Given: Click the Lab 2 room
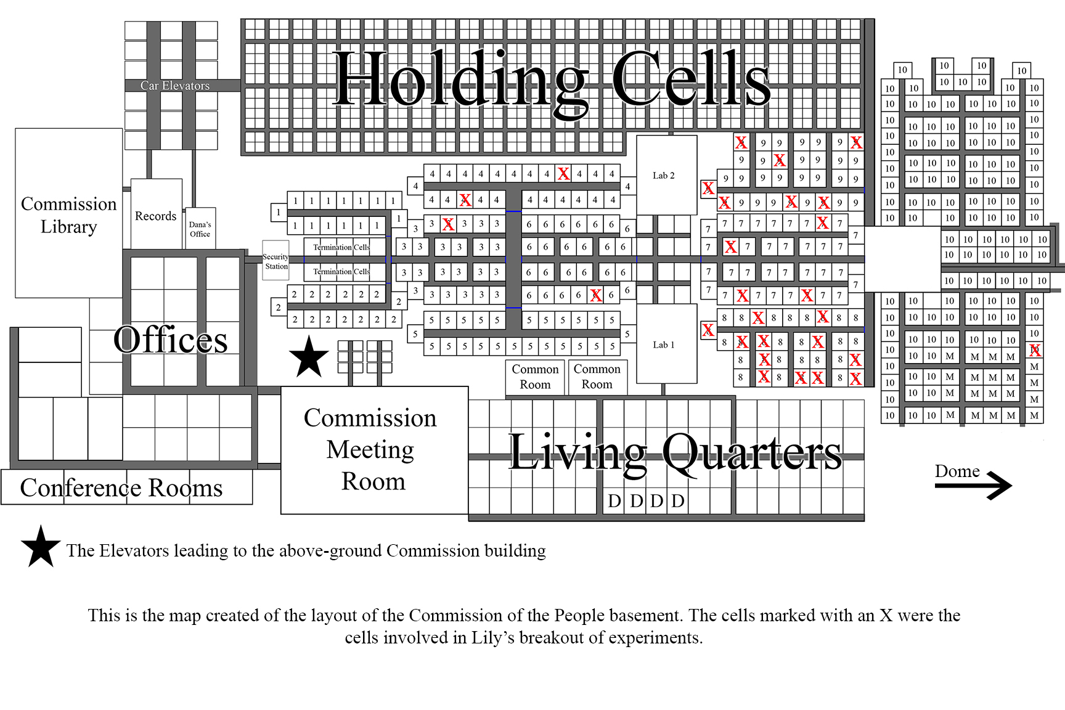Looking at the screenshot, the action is (x=666, y=175).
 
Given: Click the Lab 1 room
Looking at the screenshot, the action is (x=666, y=344).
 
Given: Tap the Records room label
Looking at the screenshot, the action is (x=155, y=216).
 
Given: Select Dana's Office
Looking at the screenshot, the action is (x=200, y=228).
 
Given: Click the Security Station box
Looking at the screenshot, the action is (x=275, y=261).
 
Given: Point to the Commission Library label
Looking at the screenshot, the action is (x=68, y=215).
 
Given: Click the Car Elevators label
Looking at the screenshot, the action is (x=175, y=86).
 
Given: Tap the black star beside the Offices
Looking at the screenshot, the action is (x=309, y=357).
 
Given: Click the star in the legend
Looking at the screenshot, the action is (x=41, y=547).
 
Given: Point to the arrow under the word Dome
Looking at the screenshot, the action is (x=973, y=486).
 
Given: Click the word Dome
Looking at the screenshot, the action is (x=957, y=471).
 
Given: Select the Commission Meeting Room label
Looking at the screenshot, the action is (x=370, y=449).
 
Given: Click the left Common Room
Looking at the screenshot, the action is (x=535, y=377).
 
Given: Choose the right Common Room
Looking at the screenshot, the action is (x=597, y=377).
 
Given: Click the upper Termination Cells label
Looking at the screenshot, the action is (x=341, y=247).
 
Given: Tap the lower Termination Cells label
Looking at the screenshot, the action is (x=341, y=271).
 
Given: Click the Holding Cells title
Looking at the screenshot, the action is (x=552, y=79).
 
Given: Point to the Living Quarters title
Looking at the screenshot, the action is (x=675, y=452).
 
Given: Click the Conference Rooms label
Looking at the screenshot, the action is (x=121, y=488).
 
